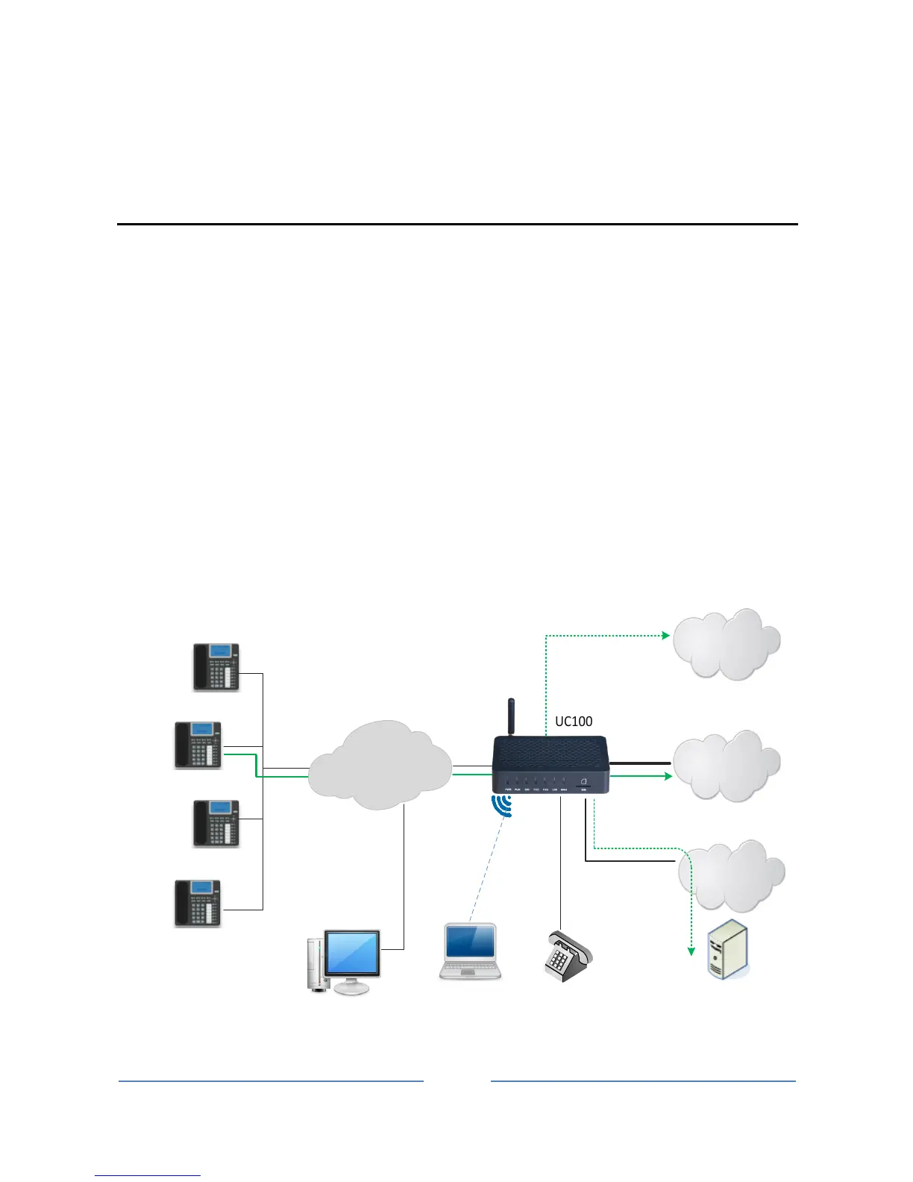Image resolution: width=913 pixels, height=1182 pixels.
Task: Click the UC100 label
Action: point(574,722)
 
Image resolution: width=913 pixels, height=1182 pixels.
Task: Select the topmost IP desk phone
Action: point(216,667)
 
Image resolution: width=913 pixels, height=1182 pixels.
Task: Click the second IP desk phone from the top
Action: point(198,745)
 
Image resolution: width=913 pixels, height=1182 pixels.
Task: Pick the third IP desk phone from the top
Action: point(216,823)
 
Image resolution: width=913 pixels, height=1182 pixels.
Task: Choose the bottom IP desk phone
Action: point(198,903)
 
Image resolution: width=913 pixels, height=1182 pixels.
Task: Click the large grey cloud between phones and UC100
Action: point(380,766)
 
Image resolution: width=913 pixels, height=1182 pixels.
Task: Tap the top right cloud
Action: point(726,644)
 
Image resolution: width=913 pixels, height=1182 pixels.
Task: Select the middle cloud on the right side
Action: point(726,766)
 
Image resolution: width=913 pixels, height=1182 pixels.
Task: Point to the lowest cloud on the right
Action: point(730,876)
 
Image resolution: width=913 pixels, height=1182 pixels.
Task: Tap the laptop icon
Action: point(470,951)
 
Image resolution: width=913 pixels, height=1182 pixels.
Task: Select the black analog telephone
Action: point(567,955)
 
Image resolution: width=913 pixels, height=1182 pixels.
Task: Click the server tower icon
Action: point(727,949)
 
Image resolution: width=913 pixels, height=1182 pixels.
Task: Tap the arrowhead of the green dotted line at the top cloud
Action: point(665,636)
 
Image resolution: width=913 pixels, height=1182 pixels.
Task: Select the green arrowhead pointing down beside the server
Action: point(691,951)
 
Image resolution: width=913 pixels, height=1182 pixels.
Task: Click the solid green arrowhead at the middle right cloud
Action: point(667,776)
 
